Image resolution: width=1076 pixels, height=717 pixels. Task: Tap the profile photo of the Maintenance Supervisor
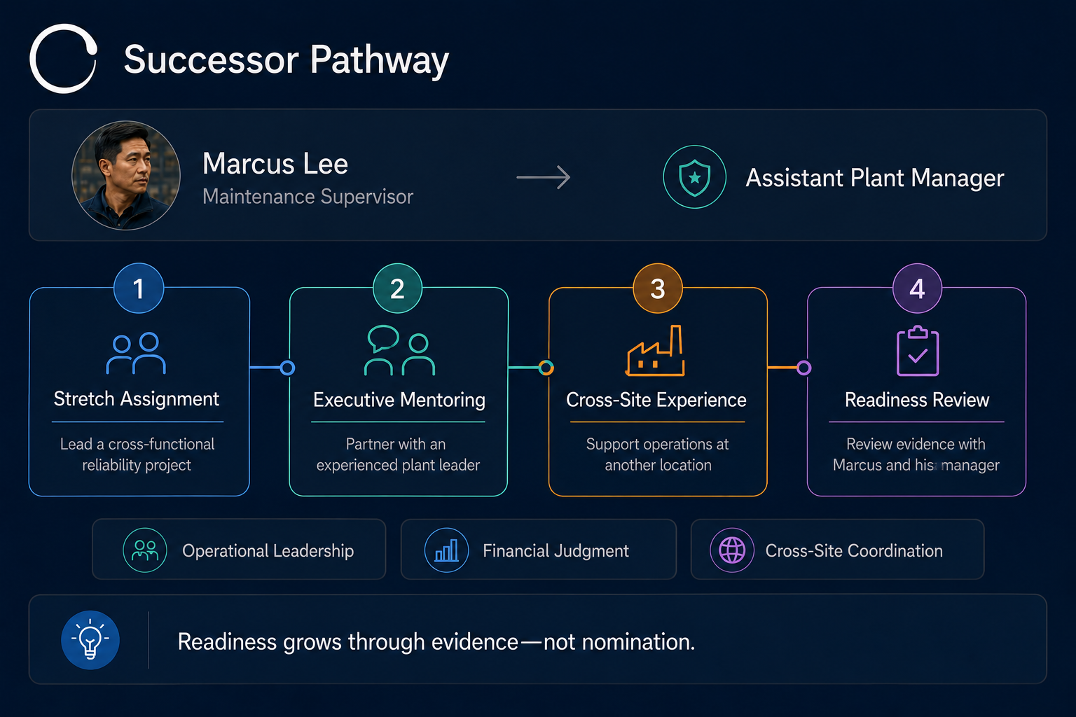pyautogui.click(x=126, y=175)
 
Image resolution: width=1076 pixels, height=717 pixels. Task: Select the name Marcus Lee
pyautogui.click(x=275, y=164)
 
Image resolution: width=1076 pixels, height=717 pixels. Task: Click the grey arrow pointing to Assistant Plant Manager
pyautogui.click(x=544, y=177)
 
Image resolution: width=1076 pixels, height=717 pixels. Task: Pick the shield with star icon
pyautogui.click(x=694, y=177)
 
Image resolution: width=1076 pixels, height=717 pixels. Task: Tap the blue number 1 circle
pyautogui.click(x=139, y=288)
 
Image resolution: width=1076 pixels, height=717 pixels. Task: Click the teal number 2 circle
pyautogui.click(x=397, y=288)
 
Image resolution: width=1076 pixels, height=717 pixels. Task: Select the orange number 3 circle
pyautogui.click(x=658, y=288)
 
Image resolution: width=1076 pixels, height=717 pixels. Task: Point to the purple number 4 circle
pyautogui.click(x=917, y=288)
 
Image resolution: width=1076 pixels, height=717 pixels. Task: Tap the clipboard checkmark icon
pyautogui.click(x=918, y=351)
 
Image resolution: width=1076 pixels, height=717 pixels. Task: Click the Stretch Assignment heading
pyautogui.click(x=137, y=399)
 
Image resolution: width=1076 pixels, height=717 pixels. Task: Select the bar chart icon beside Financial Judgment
pyautogui.click(x=446, y=550)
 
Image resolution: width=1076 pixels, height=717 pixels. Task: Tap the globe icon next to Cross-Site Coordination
pyautogui.click(x=732, y=550)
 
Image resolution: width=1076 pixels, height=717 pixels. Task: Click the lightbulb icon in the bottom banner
pyautogui.click(x=90, y=640)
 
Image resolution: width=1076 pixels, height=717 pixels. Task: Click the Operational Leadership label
pyautogui.click(x=268, y=551)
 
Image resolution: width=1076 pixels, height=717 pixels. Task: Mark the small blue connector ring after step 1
pyautogui.click(x=287, y=368)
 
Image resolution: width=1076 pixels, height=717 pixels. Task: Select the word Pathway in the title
pyautogui.click(x=380, y=60)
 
